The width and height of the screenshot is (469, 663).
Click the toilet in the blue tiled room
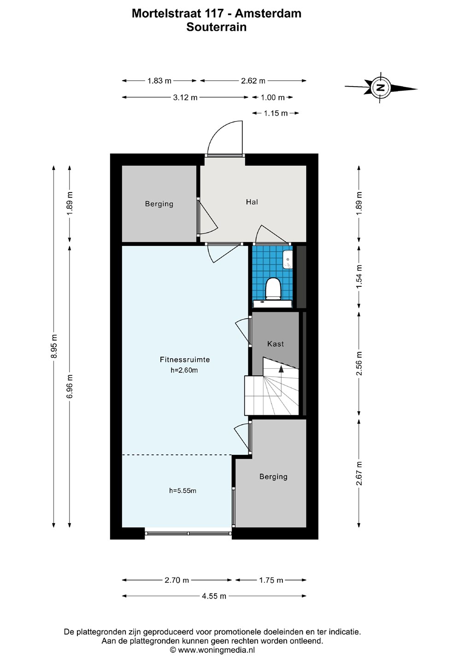(273, 288)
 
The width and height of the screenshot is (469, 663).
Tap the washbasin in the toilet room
(287, 260)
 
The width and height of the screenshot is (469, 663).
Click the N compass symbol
(380, 87)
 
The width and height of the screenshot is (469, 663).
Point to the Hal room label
(252, 202)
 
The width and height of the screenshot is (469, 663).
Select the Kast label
(276, 343)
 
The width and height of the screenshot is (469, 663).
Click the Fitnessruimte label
(185, 360)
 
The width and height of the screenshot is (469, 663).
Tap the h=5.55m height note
(183, 490)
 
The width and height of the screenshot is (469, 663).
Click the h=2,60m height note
(184, 370)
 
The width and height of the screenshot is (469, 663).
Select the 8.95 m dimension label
(53, 346)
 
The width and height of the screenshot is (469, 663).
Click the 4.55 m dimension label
(214, 596)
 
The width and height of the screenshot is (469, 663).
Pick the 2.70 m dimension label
(177, 580)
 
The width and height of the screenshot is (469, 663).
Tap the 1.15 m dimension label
(276, 113)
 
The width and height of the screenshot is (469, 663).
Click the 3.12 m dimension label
(185, 98)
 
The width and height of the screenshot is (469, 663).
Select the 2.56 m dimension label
(359, 363)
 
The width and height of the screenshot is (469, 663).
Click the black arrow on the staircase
(281, 369)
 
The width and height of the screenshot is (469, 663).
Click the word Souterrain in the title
(217, 27)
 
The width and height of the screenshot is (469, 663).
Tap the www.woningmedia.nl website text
(216, 650)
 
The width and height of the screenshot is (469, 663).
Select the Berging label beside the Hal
(159, 204)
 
